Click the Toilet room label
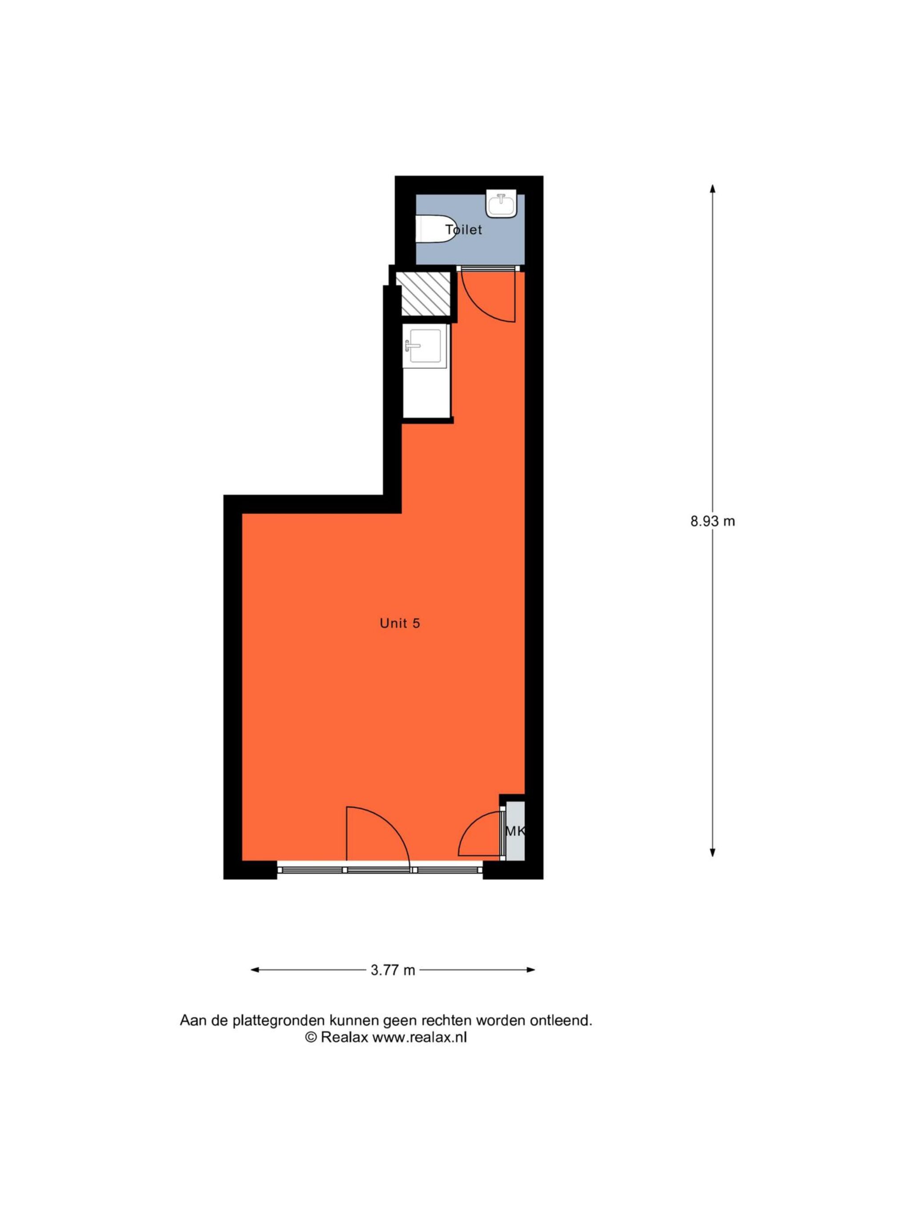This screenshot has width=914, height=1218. (x=463, y=230)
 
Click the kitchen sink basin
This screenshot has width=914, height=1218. (x=423, y=346)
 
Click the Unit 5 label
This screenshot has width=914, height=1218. (x=400, y=623)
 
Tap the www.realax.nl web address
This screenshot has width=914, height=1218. (x=420, y=1038)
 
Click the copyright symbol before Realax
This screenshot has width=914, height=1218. (x=311, y=1038)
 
